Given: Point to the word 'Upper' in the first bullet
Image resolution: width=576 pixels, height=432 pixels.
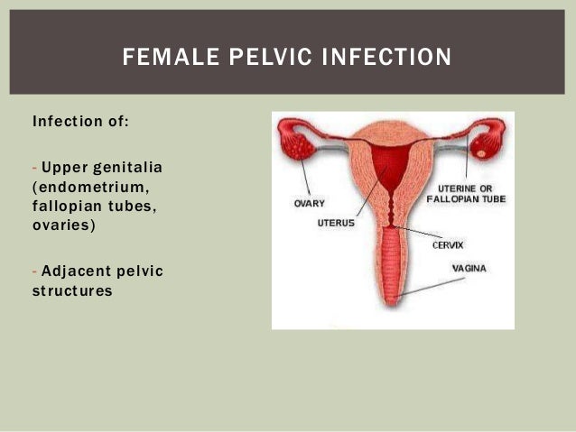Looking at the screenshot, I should pos(61,170).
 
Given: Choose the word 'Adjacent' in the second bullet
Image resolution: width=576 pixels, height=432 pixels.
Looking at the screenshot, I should pos(74,272).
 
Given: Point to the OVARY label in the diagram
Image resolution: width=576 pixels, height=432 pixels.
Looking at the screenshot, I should pos(310,203).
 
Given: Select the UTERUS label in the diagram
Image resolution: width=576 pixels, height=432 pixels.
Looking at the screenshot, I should pos(336,222).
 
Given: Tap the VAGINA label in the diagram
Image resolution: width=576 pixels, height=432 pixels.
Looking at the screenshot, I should pos(469,268).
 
